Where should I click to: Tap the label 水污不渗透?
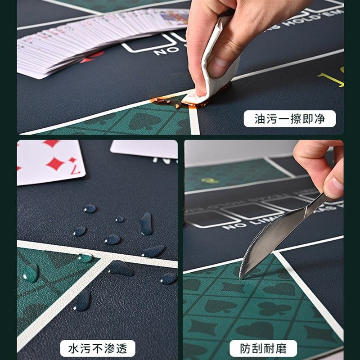pos(97,348)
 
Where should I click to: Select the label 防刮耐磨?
pos(263,348)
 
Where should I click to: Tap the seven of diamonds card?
pos(49,162)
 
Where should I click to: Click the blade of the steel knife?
pos(270,238)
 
